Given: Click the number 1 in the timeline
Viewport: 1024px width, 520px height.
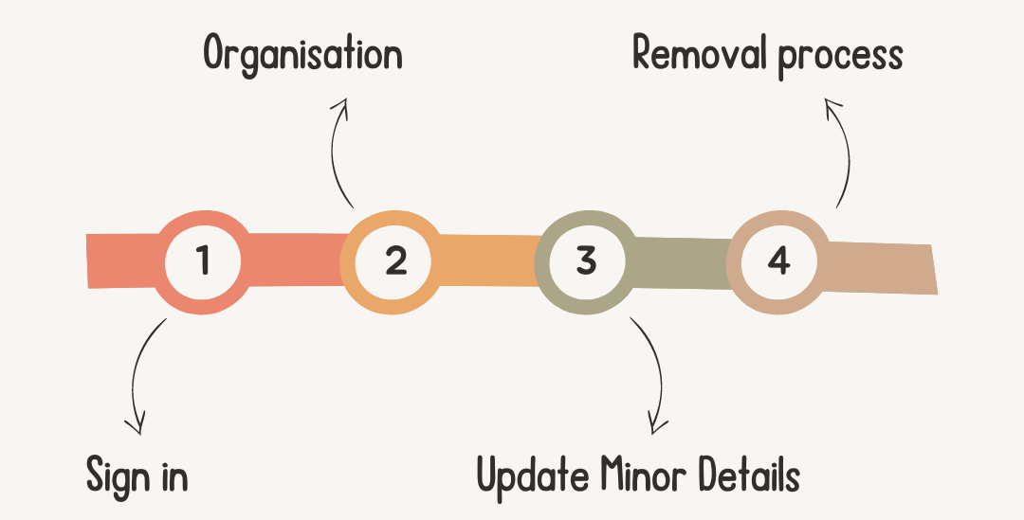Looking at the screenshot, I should point(203,261).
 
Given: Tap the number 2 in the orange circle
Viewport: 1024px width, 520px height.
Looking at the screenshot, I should point(394,261).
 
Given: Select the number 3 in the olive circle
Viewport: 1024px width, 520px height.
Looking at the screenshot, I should point(586,261).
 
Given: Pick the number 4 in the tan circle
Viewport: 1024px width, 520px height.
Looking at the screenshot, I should point(777,261).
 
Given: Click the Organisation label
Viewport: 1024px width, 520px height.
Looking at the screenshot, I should point(302,54).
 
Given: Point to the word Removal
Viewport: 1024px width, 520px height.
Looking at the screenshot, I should point(700,54).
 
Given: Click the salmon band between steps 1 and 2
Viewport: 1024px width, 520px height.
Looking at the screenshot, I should point(294,258).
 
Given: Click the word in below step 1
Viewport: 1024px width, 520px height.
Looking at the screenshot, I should point(174,475).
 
